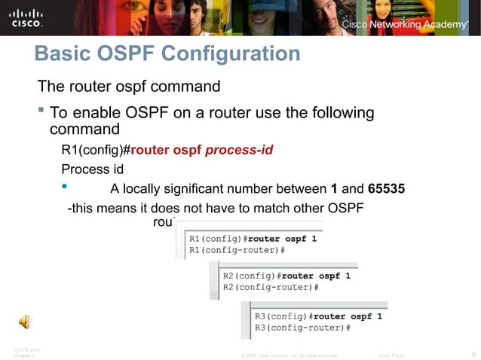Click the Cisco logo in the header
(26, 18)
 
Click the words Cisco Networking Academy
(405, 25)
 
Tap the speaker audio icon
(26, 322)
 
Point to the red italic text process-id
(239, 149)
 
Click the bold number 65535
(387, 188)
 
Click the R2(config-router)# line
(271, 287)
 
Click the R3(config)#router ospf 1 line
(318, 316)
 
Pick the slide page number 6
(473, 355)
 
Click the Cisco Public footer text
(391, 355)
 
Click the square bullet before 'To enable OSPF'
(41, 111)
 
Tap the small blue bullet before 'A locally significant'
(65, 186)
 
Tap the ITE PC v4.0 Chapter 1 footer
(26, 352)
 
